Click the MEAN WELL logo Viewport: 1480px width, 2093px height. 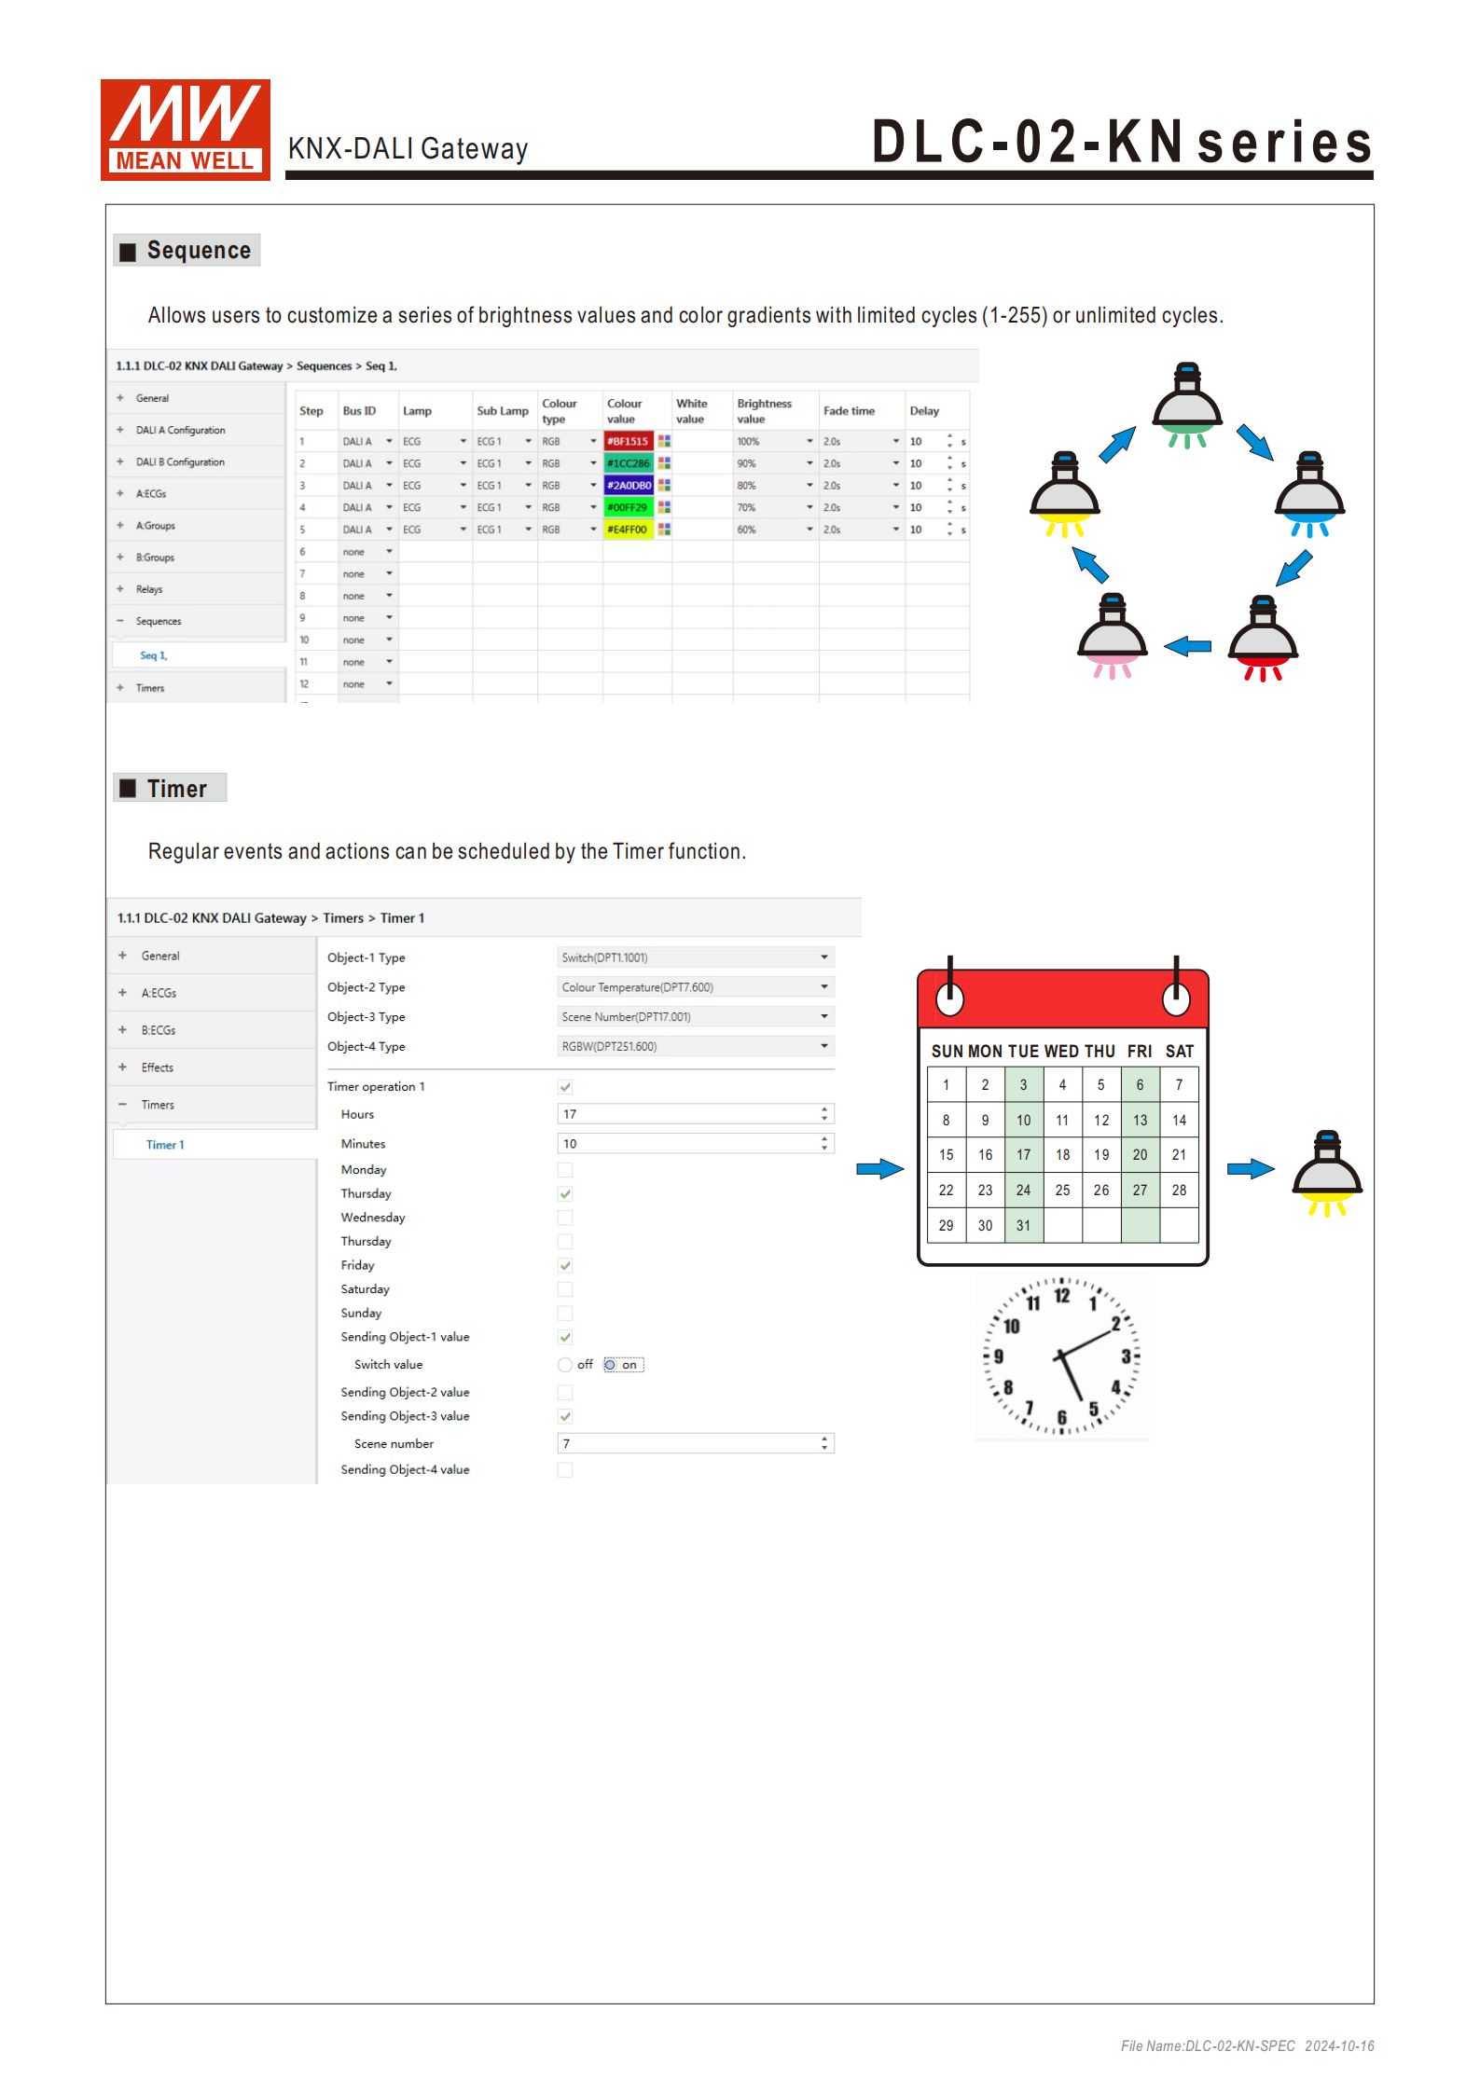pyautogui.click(x=185, y=130)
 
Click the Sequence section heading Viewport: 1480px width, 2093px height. pyautogui.click(x=187, y=251)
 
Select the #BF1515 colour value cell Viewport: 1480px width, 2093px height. pyautogui.click(x=628, y=442)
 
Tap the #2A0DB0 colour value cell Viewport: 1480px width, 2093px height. pyautogui.click(x=629, y=486)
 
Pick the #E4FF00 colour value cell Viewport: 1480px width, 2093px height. pyautogui.click(x=628, y=530)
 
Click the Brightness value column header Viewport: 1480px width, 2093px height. pyautogui.click(x=764, y=411)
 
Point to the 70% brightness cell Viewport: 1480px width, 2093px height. pyautogui.click(x=746, y=508)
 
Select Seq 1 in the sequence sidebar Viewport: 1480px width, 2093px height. pyautogui.click(x=153, y=656)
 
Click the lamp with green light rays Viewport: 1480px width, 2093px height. pyautogui.click(x=1186, y=407)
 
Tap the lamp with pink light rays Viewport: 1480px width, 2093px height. pyautogui.click(x=1111, y=638)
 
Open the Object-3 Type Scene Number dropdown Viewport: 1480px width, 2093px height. pyautogui.click(x=695, y=1017)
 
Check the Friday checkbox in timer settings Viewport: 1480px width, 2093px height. pyautogui.click(x=565, y=1266)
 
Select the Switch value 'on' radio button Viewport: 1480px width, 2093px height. pyautogui.click(x=610, y=1365)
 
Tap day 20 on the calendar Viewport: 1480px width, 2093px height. pyautogui.click(x=1140, y=1155)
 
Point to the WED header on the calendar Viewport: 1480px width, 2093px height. pyautogui.click(x=1061, y=1052)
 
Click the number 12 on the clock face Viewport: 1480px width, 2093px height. pyautogui.click(x=1062, y=1296)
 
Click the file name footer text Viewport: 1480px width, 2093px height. pyautogui.click(x=1247, y=2046)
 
